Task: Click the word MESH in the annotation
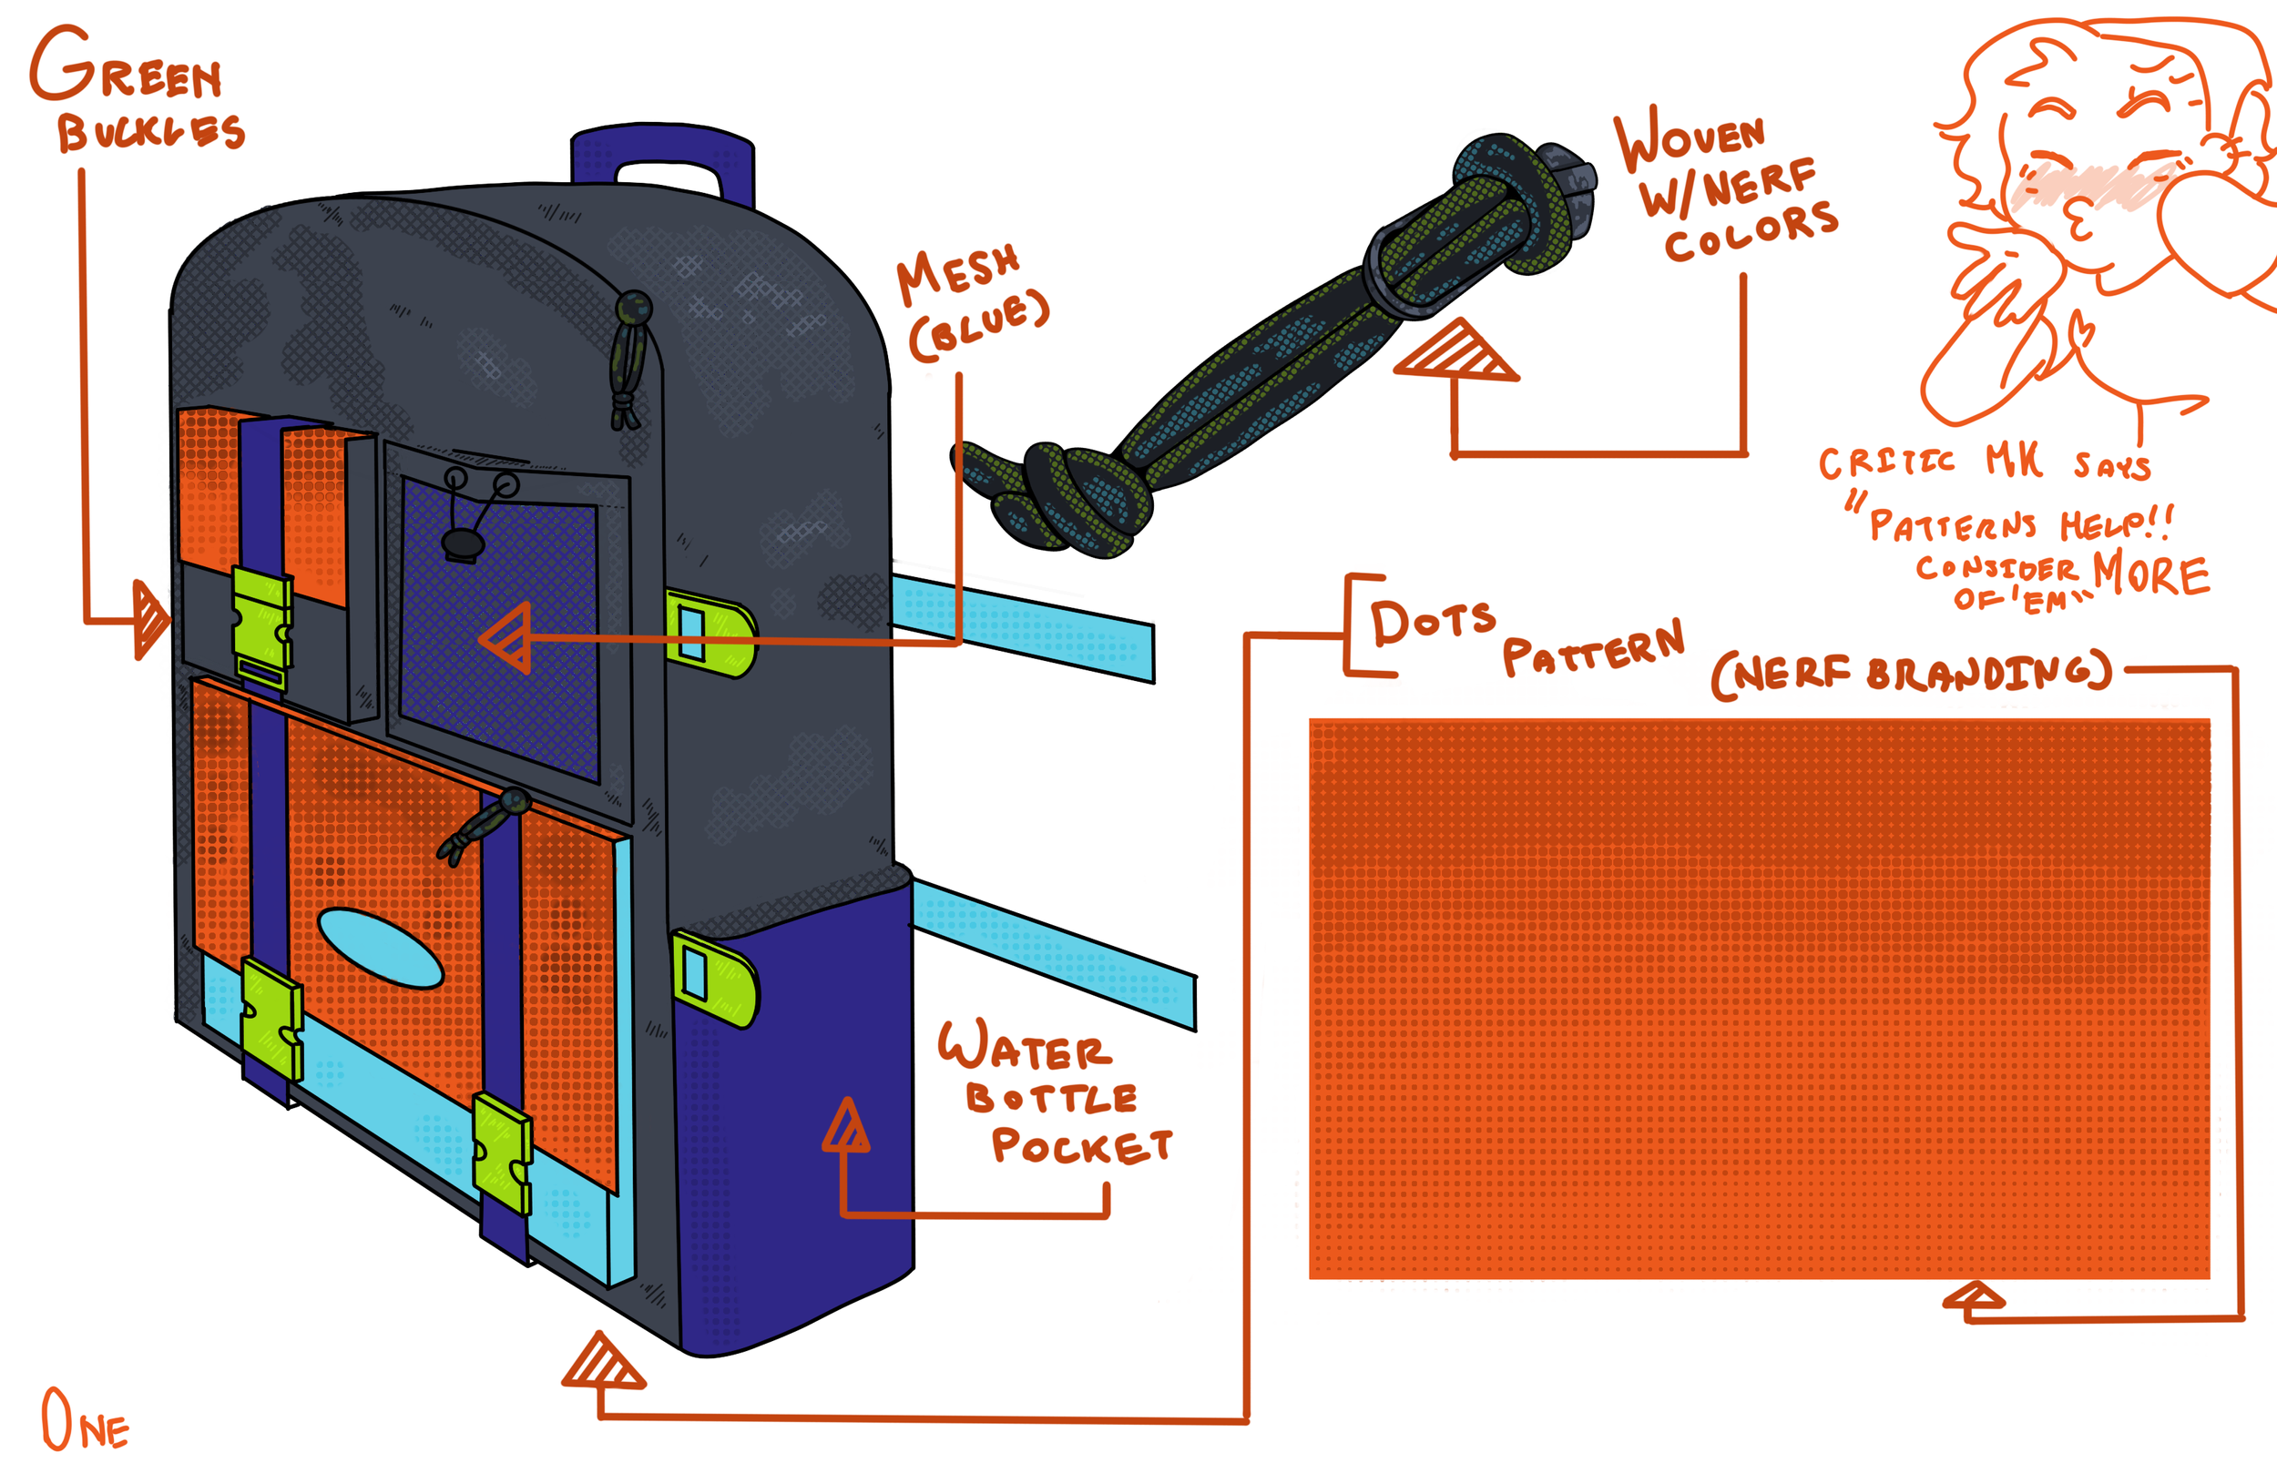tap(957, 272)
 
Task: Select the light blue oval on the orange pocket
tap(380, 948)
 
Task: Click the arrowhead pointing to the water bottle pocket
tap(847, 1127)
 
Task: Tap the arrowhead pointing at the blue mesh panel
tap(507, 638)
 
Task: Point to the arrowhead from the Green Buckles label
tap(149, 619)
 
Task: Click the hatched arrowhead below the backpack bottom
tap(603, 1363)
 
